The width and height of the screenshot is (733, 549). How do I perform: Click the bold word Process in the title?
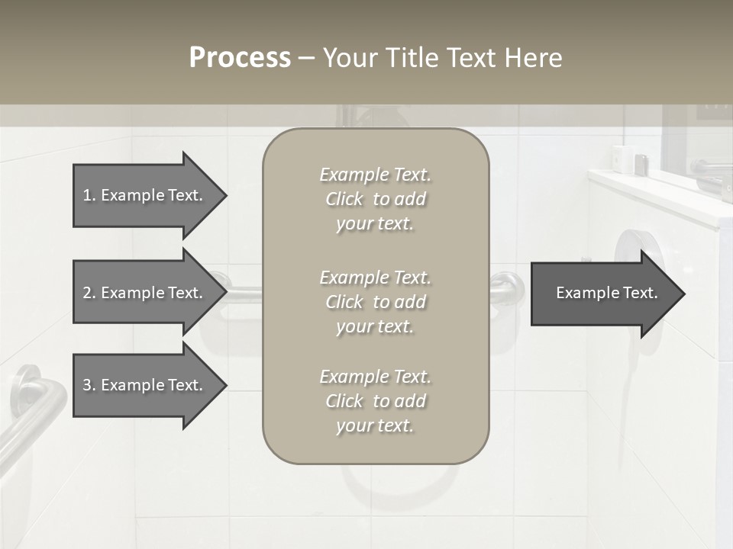(x=240, y=58)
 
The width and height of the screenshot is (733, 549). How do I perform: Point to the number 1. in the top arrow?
(x=89, y=195)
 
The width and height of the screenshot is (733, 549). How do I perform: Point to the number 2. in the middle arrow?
(x=89, y=293)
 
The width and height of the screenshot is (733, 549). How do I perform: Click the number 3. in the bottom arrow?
(x=89, y=385)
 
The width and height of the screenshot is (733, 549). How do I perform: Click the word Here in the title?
(x=533, y=58)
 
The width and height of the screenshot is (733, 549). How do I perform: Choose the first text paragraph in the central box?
(x=376, y=199)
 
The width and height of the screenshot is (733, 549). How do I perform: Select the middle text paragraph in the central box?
(x=376, y=302)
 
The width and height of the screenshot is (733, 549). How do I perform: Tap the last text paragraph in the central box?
(x=376, y=401)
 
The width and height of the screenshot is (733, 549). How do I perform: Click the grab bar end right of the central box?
(x=509, y=289)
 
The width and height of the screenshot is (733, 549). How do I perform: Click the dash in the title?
(x=306, y=58)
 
